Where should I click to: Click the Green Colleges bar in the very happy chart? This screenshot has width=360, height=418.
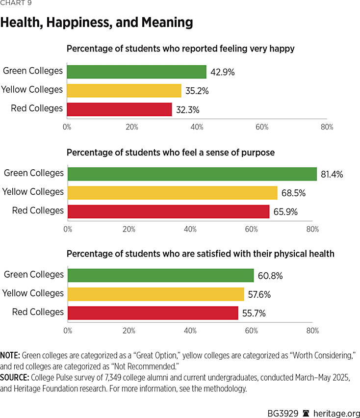[136, 72]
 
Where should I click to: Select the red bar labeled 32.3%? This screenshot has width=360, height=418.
[119, 109]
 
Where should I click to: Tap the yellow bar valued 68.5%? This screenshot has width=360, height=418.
[173, 192]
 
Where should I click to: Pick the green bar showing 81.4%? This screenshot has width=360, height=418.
[192, 174]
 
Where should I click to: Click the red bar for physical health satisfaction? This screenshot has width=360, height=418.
[153, 313]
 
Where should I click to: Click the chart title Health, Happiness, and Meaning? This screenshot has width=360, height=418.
[97, 23]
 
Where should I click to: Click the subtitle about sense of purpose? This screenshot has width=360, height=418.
[170, 153]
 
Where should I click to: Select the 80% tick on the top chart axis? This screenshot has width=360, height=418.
[327, 127]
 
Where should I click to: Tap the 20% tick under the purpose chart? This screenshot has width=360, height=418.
[129, 229]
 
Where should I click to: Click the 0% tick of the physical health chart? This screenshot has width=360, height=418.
[68, 331]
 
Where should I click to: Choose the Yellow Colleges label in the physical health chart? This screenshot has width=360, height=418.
[33, 293]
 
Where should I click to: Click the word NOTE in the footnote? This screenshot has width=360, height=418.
[10, 355]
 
